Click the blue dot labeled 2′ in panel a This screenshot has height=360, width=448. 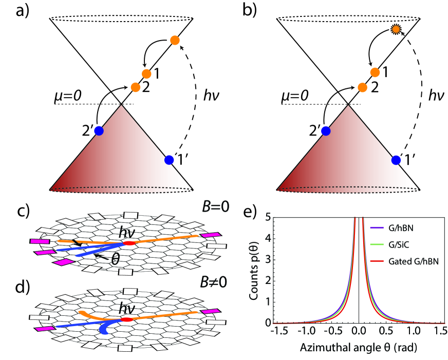(99, 131)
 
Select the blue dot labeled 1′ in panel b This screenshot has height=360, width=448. (396, 160)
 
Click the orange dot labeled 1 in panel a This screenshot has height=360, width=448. (146, 74)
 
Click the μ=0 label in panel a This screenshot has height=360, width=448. (68, 96)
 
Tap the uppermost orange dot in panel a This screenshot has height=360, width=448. (174, 40)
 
